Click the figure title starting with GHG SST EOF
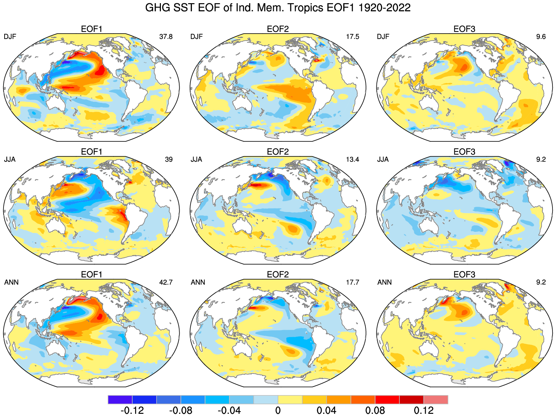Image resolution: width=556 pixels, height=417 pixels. [x=278, y=8]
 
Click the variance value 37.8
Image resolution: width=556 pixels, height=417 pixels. [x=166, y=36]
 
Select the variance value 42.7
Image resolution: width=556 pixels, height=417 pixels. [x=166, y=282]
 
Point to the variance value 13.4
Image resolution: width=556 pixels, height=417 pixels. [x=352, y=159]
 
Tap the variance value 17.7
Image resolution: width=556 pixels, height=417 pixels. [x=352, y=282]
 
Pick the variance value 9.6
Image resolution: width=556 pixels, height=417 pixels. [x=541, y=36]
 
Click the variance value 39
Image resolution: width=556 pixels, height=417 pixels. [x=169, y=159]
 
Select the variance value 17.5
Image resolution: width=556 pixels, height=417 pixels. [x=352, y=36]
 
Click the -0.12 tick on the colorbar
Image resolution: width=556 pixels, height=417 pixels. [x=132, y=410]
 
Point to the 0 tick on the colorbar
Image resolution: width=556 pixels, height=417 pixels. [x=278, y=410]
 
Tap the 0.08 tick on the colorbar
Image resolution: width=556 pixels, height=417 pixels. [x=375, y=410]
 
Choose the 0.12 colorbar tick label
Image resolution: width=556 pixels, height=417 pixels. [x=424, y=410]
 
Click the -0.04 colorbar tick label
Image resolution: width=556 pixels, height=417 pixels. [x=229, y=410]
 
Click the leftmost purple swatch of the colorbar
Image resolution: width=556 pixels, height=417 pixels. [x=120, y=400]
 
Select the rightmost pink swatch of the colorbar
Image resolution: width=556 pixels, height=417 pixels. [x=436, y=400]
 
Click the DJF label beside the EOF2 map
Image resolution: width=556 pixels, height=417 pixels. [x=197, y=36]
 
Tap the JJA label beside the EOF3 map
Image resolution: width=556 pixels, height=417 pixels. [x=383, y=159]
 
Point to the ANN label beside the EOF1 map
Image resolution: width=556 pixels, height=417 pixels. [x=11, y=282]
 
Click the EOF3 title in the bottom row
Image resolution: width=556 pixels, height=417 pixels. [x=464, y=275]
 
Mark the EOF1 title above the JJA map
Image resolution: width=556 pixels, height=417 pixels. [x=92, y=152]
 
